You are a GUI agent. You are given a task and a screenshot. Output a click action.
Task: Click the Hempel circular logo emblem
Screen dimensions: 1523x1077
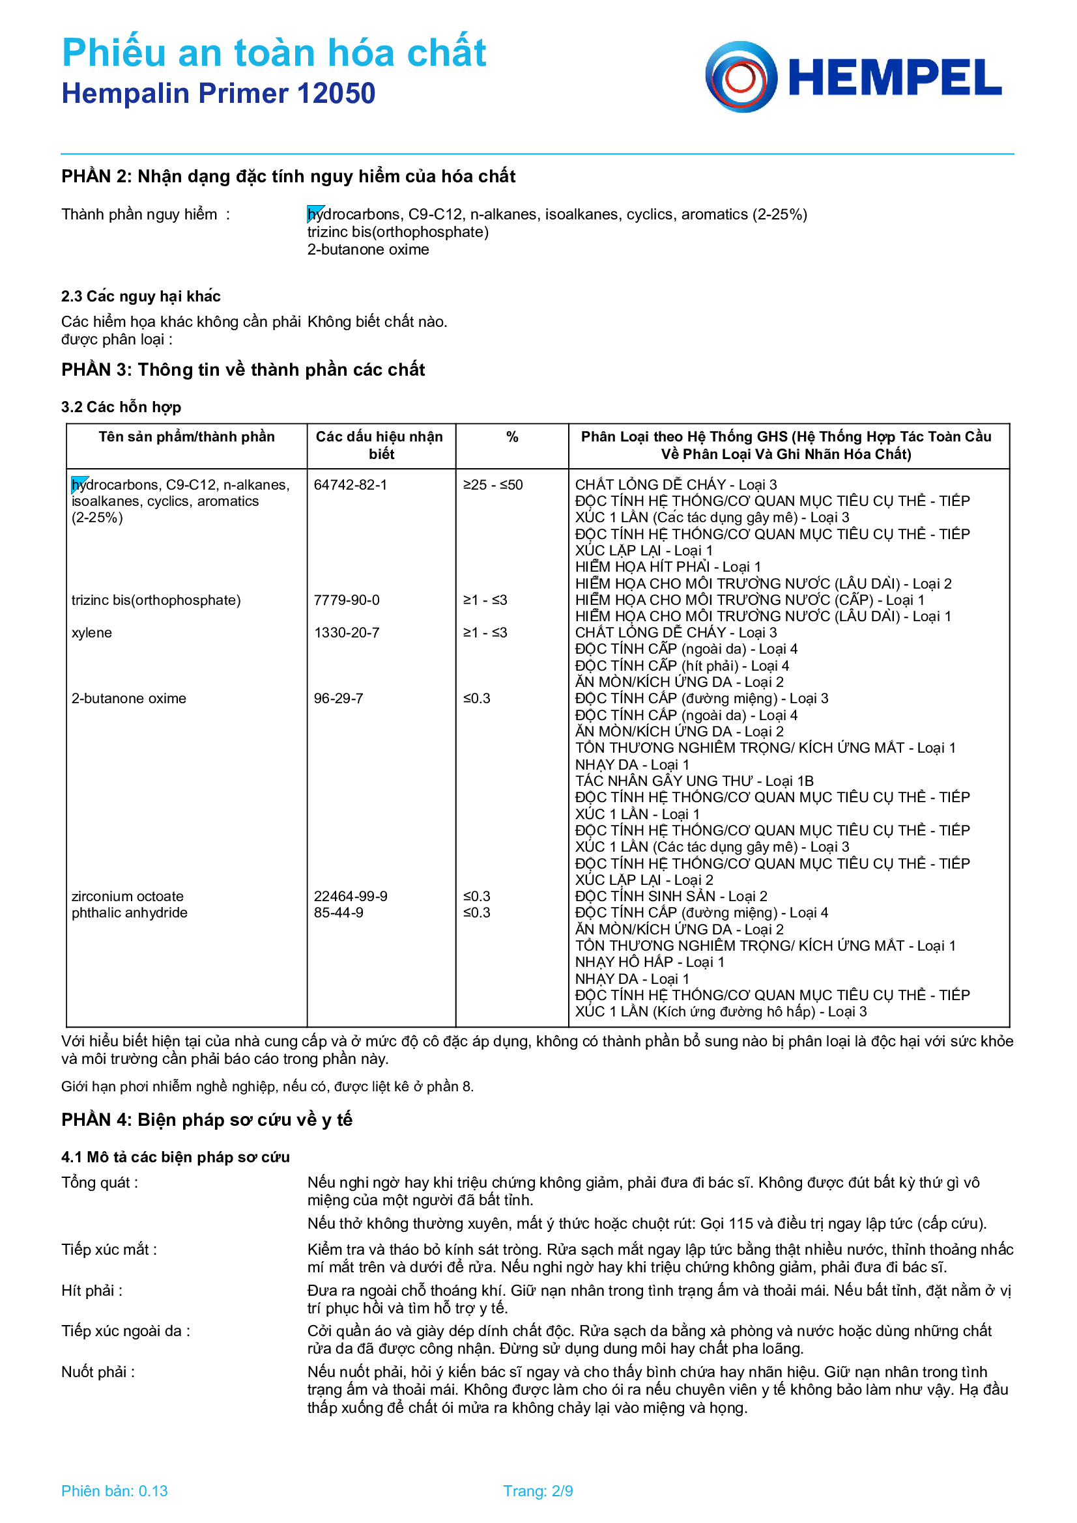click(741, 77)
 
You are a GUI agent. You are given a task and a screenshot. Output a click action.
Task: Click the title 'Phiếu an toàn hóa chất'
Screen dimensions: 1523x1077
click(274, 53)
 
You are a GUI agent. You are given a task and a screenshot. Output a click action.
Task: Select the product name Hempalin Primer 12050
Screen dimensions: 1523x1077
click(218, 94)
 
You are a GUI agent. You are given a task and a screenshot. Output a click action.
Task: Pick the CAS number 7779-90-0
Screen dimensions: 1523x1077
click(347, 600)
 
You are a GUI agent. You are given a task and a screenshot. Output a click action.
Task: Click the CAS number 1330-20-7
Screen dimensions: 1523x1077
click(347, 633)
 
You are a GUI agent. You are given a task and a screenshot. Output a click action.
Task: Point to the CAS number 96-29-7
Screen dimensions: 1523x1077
click(338, 699)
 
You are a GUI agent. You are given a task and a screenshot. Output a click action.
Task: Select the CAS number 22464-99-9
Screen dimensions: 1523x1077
click(351, 896)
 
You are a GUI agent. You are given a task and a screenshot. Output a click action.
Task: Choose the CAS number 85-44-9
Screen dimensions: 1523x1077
click(338, 913)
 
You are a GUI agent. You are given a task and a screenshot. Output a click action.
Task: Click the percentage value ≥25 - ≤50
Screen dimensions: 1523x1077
click(493, 485)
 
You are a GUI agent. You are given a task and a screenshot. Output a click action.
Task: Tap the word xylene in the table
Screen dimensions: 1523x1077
click(92, 633)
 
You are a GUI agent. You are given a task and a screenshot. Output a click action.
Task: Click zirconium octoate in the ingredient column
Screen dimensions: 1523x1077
click(128, 896)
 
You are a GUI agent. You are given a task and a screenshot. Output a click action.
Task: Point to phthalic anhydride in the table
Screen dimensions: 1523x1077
click(130, 913)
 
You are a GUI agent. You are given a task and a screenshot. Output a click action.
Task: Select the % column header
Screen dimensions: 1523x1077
click(511, 437)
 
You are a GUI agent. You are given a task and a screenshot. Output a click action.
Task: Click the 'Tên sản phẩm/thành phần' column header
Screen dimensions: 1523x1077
click(186, 437)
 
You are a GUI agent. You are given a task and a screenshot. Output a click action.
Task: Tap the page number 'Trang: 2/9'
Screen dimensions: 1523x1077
click(538, 1491)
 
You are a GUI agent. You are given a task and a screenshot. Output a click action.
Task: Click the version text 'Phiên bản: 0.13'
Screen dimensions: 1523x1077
click(114, 1491)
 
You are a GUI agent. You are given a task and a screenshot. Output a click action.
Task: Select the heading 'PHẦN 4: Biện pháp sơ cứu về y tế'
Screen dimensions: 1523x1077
click(207, 1120)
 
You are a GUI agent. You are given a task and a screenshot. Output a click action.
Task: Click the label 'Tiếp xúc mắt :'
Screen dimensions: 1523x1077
click(109, 1250)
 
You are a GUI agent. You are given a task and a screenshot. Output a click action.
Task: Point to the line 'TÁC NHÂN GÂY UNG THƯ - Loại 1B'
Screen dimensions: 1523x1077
click(694, 781)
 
